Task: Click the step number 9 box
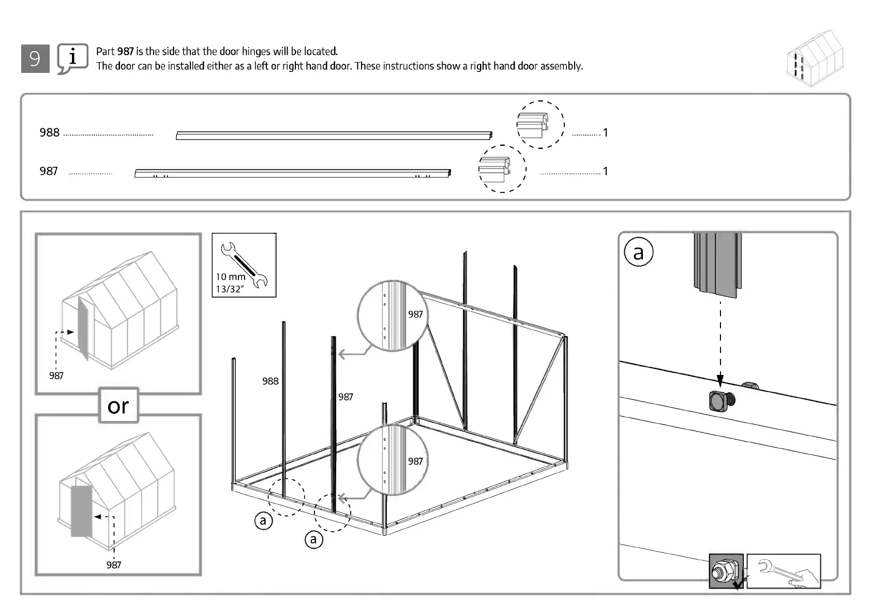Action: (x=35, y=58)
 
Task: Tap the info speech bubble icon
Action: (x=72, y=58)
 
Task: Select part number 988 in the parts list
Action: (x=50, y=132)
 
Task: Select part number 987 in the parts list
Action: (x=49, y=171)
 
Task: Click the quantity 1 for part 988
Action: (x=605, y=132)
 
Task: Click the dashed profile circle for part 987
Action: (x=502, y=169)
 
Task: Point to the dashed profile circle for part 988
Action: (x=540, y=125)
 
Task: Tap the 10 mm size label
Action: (x=230, y=277)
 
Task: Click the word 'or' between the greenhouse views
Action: (x=118, y=406)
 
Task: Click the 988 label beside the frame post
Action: (x=270, y=381)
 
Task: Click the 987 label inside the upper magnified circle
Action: (x=415, y=314)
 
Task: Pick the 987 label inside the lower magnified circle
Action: (x=415, y=461)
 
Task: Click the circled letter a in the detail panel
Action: (x=639, y=252)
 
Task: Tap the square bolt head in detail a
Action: (x=719, y=401)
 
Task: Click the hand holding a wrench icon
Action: (x=783, y=571)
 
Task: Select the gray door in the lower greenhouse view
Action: (x=81, y=511)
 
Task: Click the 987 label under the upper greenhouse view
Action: (x=56, y=375)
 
